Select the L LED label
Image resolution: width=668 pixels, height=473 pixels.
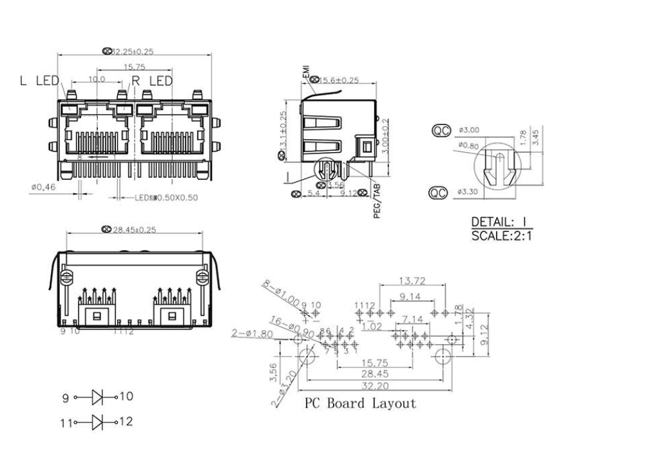[x=39, y=81]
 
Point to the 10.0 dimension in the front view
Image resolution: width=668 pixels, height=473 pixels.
[x=97, y=79]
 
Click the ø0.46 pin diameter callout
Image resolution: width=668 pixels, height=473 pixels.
[x=43, y=187]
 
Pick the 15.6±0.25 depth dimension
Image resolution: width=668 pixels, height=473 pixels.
[x=339, y=81]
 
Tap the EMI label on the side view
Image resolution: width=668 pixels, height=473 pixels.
[x=306, y=72]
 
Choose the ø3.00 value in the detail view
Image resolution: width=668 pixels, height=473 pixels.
[x=468, y=130]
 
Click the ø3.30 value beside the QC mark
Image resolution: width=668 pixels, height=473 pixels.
[x=468, y=192]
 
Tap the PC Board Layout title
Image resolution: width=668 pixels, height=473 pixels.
[x=360, y=404]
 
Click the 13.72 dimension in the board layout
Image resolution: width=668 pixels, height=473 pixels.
[x=412, y=280]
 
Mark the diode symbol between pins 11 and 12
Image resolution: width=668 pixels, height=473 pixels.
[x=98, y=423]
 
